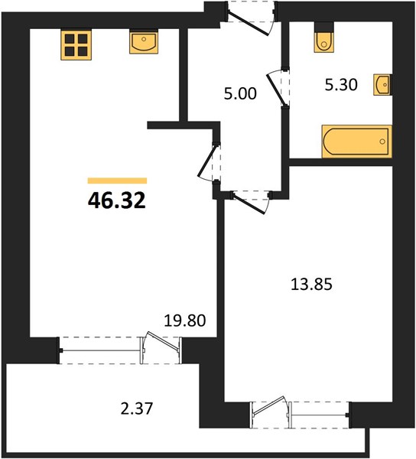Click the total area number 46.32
117,200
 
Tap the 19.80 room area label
185,321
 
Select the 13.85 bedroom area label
311,285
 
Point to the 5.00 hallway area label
240,93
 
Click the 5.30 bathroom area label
341,85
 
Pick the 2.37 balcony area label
137,409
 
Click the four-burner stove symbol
76,45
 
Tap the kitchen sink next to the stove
144,42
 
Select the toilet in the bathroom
323,38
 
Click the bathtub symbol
356,142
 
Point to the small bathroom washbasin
382,85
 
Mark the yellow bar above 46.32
117,181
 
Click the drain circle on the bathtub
382,142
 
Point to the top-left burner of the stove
70,39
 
